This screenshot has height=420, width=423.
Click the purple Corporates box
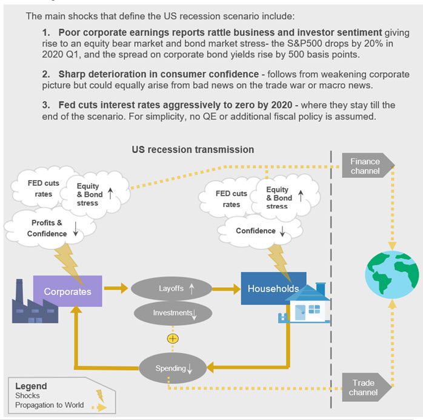click(x=67, y=291)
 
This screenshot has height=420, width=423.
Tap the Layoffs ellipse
click(x=172, y=288)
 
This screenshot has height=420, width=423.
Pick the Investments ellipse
click(x=173, y=313)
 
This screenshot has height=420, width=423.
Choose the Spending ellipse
click(x=173, y=368)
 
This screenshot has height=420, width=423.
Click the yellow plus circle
click(x=173, y=339)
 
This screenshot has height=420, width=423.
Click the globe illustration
click(x=392, y=275)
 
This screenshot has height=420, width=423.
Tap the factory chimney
click(x=19, y=290)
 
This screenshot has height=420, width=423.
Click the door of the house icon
click(x=300, y=312)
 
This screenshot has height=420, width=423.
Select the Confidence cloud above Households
click(x=259, y=231)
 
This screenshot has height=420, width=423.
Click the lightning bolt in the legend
click(x=100, y=396)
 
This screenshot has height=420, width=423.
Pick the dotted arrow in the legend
click(x=99, y=407)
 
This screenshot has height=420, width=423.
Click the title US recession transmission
click(x=193, y=150)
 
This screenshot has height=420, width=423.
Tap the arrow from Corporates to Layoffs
click(x=116, y=288)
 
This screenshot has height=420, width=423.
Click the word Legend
click(x=31, y=386)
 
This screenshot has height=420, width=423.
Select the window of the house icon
click(x=315, y=310)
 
